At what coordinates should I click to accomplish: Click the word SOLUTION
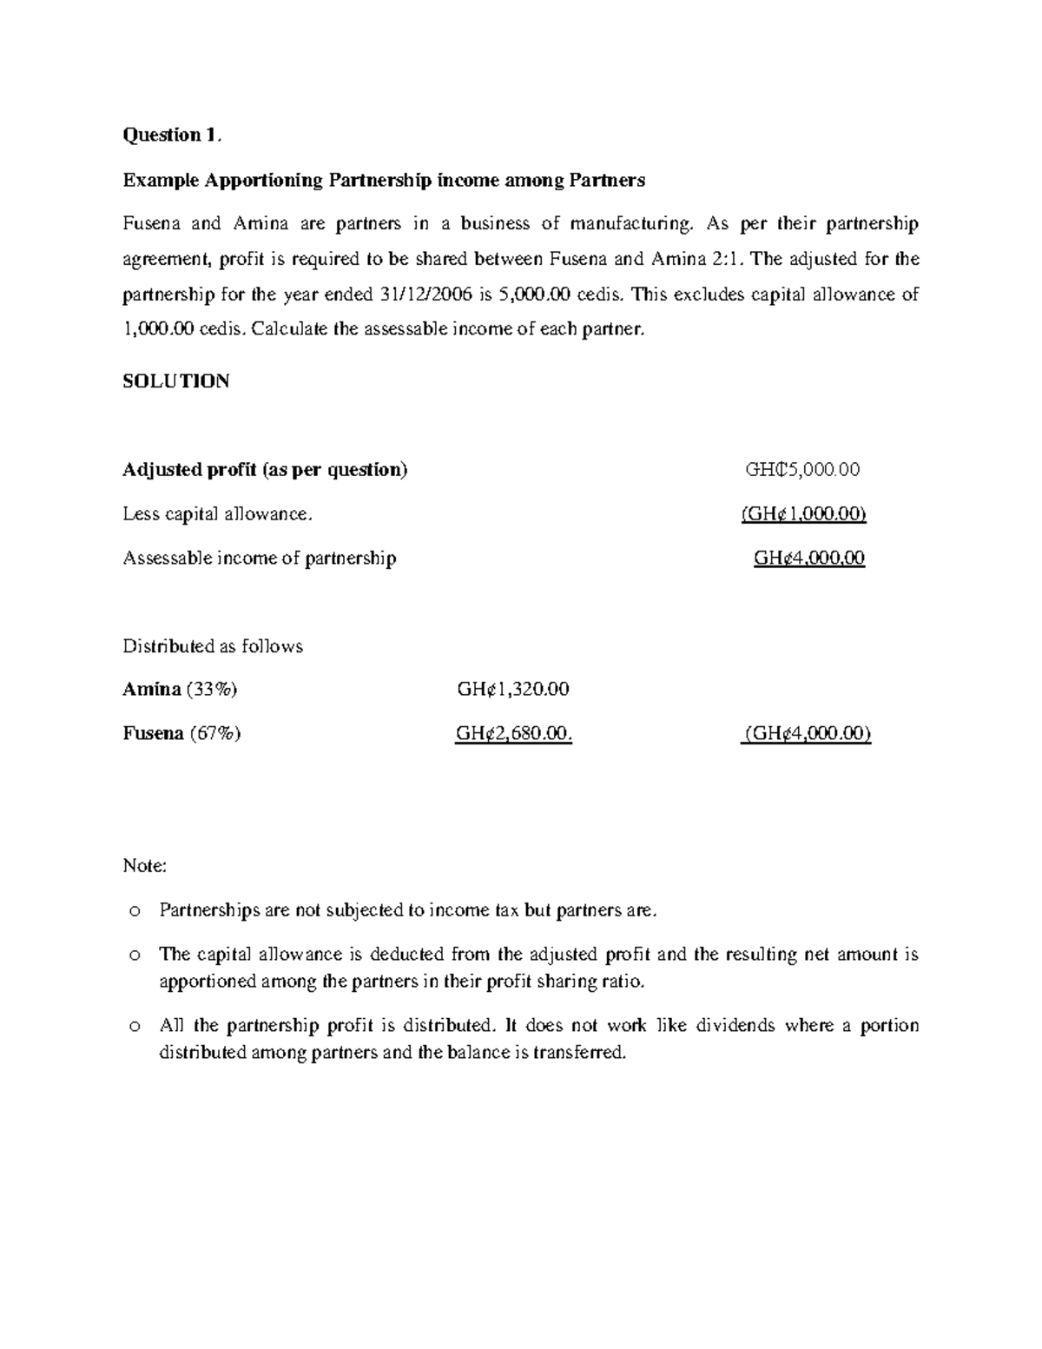point(176,381)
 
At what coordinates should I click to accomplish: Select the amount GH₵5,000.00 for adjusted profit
point(802,470)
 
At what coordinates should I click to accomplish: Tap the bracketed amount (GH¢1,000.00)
point(803,514)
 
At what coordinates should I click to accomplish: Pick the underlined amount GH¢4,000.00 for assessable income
point(809,558)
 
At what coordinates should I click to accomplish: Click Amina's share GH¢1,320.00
point(513,690)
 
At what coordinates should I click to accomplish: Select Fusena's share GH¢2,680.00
point(514,734)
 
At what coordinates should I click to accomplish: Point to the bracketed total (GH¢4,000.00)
point(807,734)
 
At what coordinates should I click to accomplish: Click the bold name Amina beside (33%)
point(151,690)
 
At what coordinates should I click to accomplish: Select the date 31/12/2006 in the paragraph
point(426,294)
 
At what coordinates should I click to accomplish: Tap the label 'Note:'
point(144,866)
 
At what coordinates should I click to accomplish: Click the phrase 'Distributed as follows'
point(213,646)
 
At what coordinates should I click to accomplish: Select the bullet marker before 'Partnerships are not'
point(133,911)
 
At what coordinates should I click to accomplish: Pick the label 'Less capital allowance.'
point(217,514)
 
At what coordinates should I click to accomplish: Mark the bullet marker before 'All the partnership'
point(133,1026)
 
